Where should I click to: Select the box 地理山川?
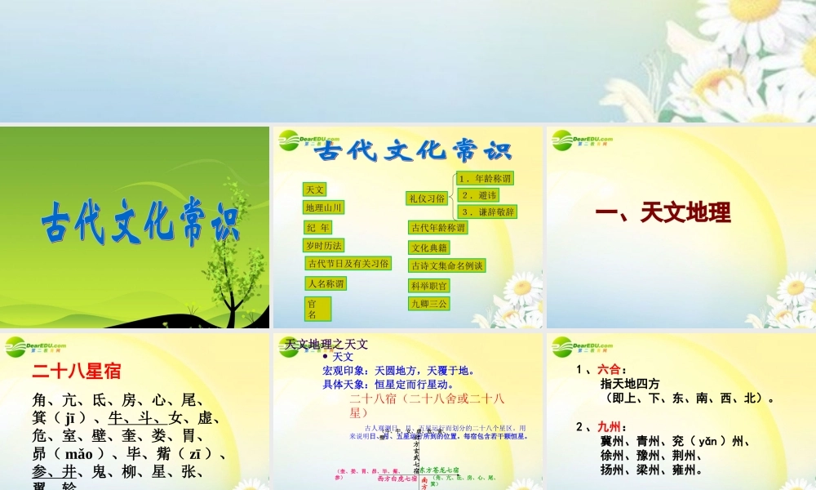324,207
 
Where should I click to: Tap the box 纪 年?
317,228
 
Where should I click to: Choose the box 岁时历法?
324,246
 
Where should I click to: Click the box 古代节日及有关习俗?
348,264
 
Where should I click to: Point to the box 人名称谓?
326,283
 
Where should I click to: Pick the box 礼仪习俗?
428,198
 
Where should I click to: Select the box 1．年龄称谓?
486,179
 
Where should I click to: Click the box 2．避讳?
477,195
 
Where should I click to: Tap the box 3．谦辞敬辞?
488,212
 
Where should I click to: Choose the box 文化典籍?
429,247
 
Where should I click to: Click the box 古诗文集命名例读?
447,265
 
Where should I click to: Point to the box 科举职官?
429,286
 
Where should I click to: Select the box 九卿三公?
429,304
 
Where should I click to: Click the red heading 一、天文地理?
663,213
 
